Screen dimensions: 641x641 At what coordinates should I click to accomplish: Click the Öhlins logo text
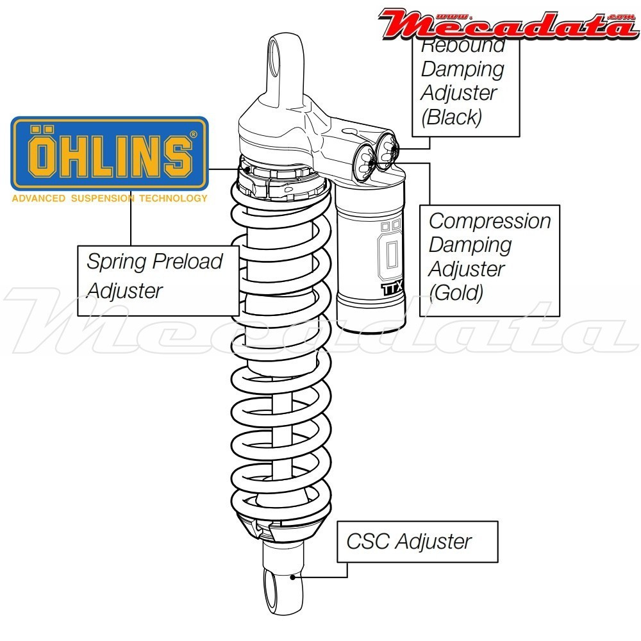[110, 154]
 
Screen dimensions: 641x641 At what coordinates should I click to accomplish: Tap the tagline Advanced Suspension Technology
[110, 198]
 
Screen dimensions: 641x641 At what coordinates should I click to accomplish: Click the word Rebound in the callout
[463, 46]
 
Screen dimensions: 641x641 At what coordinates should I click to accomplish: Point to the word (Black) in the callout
[451, 117]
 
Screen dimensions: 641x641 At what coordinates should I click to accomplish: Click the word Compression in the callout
[490, 221]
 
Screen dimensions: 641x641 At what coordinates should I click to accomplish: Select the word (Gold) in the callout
[456, 292]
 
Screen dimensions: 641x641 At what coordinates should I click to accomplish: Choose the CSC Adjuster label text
[409, 541]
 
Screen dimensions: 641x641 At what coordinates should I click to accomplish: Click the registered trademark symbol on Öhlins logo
[193, 135]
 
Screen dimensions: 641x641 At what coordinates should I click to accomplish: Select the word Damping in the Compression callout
[470, 245]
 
